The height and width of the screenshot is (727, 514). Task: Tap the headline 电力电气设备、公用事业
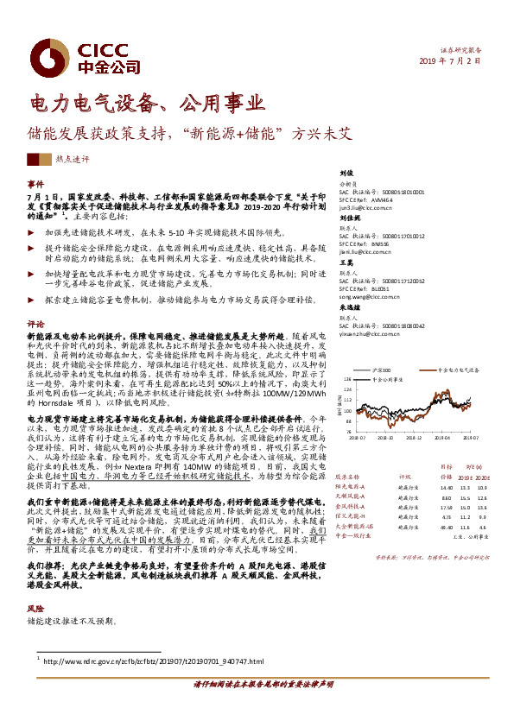coord(147,105)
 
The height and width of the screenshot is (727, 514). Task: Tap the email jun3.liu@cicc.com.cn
coord(368,208)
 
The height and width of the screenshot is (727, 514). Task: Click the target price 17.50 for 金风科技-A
coord(446,507)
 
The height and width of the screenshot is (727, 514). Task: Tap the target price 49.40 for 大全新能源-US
coord(446,526)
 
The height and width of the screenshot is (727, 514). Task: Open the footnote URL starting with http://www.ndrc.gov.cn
coord(151,662)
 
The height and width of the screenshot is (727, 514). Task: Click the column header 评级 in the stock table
coord(403,476)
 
